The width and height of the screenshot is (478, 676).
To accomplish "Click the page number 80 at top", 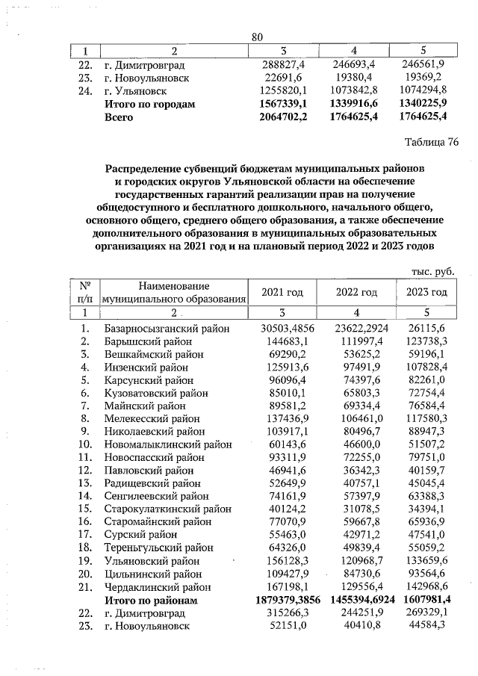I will coord(258,37).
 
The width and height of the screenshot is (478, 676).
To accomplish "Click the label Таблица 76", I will coord(431,143).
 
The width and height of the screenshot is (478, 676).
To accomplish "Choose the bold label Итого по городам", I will coord(150,105).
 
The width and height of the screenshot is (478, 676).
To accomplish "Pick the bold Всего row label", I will coord(119,117).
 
